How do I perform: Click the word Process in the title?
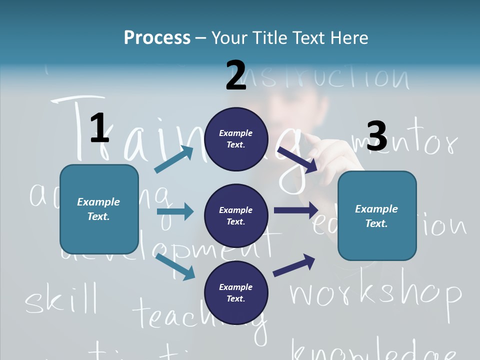(157, 38)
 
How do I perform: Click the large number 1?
(99, 128)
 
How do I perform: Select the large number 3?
(376, 136)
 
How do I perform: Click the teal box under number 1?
(99, 209)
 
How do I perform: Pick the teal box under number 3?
(377, 216)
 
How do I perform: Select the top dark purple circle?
(236, 139)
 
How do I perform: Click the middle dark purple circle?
(236, 216)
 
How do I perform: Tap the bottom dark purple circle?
(236, 293)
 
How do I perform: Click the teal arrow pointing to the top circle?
(174, 159)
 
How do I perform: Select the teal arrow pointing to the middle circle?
(175, 211)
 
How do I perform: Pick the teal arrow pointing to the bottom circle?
(175, 266)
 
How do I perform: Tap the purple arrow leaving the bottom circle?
(294, 265)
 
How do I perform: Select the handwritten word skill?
(61, 298)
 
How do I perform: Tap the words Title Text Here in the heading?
(289, 38)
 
